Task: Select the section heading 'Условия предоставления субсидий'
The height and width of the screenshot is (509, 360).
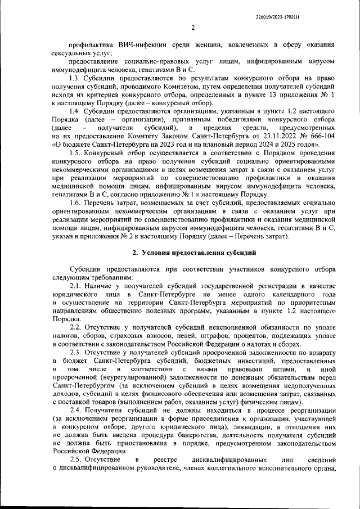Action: (x=194, y=253)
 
